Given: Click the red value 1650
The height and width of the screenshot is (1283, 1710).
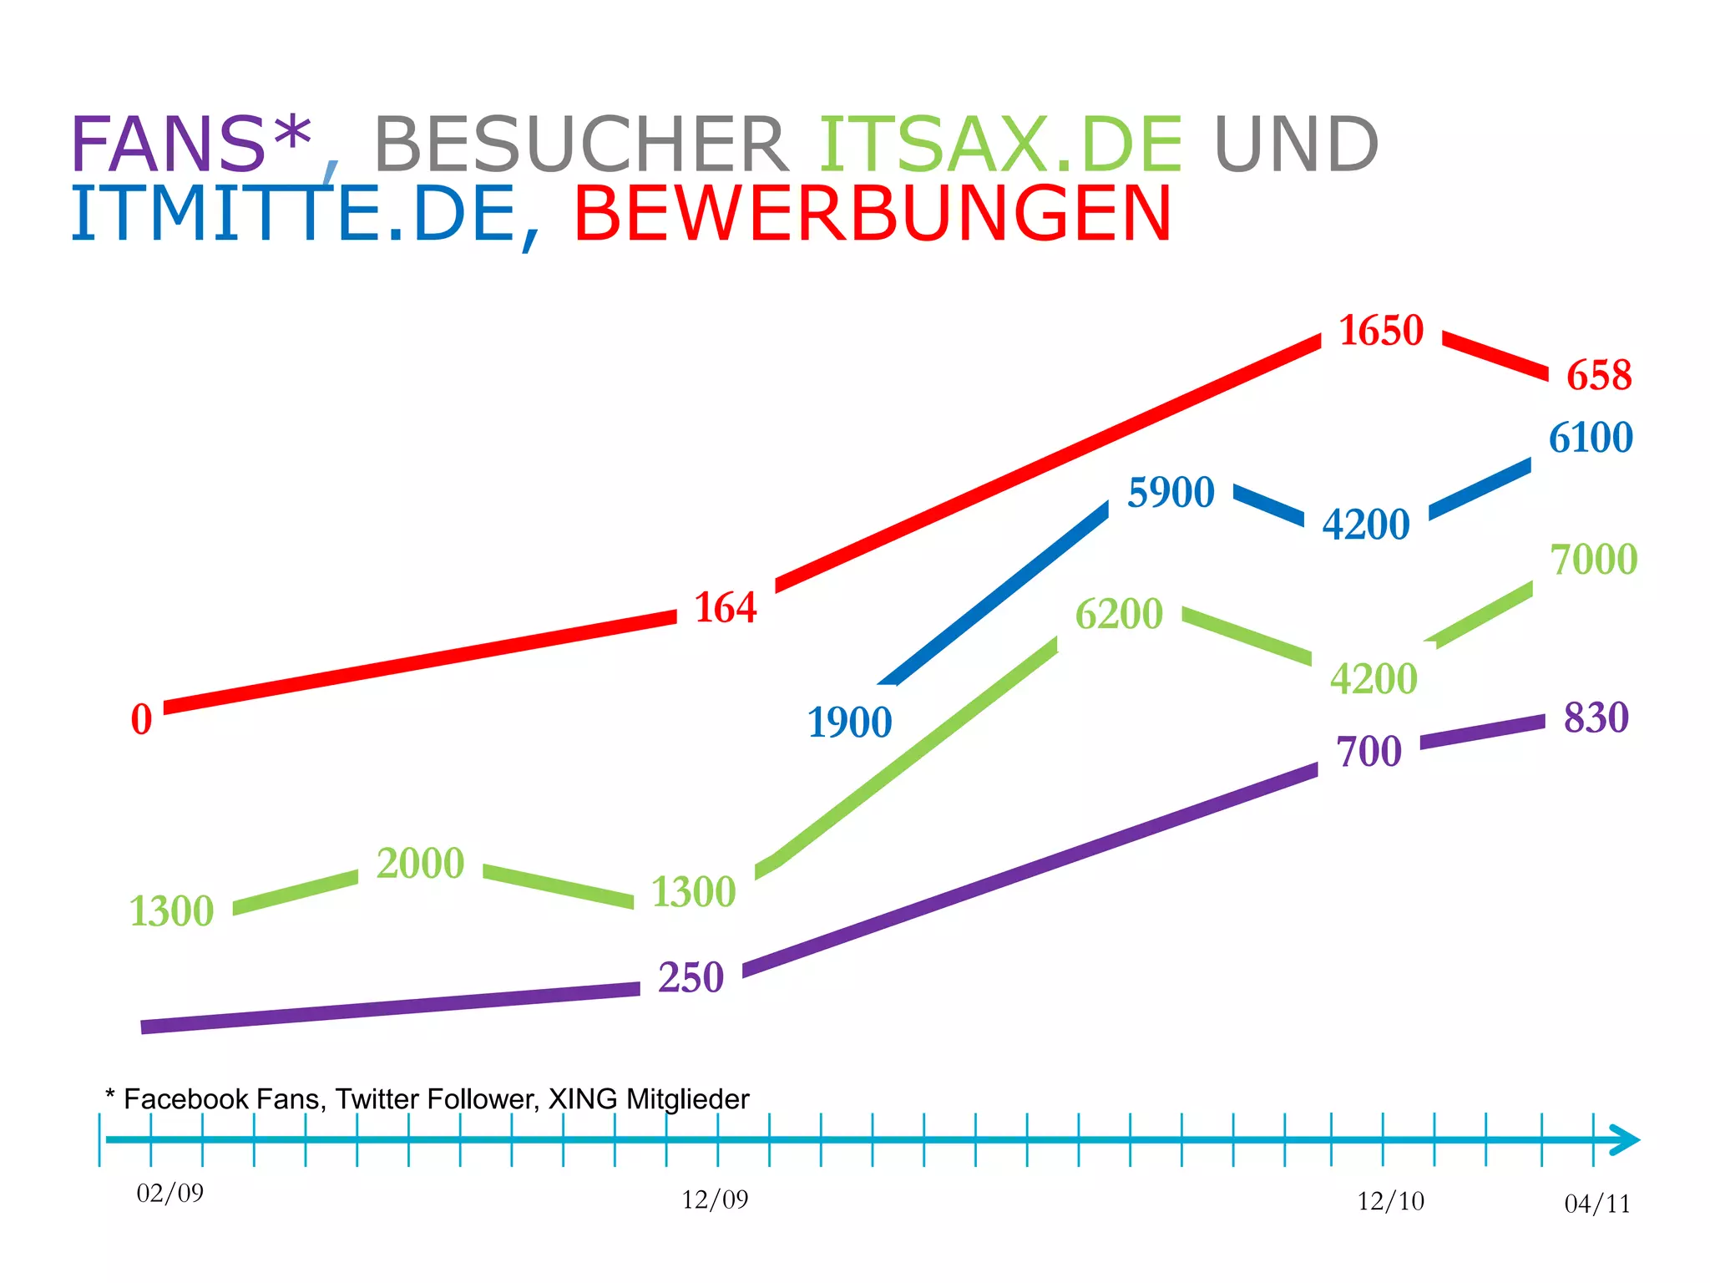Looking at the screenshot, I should [1381, 331].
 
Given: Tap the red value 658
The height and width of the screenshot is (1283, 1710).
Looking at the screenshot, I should [1598, 375].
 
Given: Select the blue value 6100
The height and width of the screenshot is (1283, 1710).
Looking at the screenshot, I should [1591, 438].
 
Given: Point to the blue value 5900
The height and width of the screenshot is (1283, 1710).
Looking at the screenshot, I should [1171, 493].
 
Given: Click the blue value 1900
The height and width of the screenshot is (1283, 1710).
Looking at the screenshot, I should [849, 723].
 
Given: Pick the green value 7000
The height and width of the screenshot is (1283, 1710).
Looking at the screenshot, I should [1593, 560].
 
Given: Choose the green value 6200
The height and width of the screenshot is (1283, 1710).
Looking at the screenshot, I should [1118, 615].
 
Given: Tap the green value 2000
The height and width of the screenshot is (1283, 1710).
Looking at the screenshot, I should [420, 864].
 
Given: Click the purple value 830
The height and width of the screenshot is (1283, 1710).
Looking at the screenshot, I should [1596, 718].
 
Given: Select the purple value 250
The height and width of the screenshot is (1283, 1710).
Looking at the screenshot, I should [691, 978].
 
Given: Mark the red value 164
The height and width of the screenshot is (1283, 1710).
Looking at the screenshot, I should [725, 607].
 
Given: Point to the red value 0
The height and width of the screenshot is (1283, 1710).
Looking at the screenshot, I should [141, 720].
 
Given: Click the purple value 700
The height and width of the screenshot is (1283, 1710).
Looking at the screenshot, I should [1369, 752].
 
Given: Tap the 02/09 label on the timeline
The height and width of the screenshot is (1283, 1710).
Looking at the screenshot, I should [170, 1193].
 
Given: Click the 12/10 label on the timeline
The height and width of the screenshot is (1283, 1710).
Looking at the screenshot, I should [1390, 1201].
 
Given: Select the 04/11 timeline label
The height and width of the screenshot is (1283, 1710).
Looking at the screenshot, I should [1596, 1204].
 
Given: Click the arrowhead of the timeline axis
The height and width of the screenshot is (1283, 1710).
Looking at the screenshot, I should [1625, 1140].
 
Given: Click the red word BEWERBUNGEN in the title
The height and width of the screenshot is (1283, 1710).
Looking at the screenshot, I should [873, 214].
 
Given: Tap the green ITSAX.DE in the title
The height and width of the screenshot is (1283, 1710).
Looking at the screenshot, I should [1000, 145].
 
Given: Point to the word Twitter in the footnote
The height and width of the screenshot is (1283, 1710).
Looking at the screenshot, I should [377, 1099].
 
